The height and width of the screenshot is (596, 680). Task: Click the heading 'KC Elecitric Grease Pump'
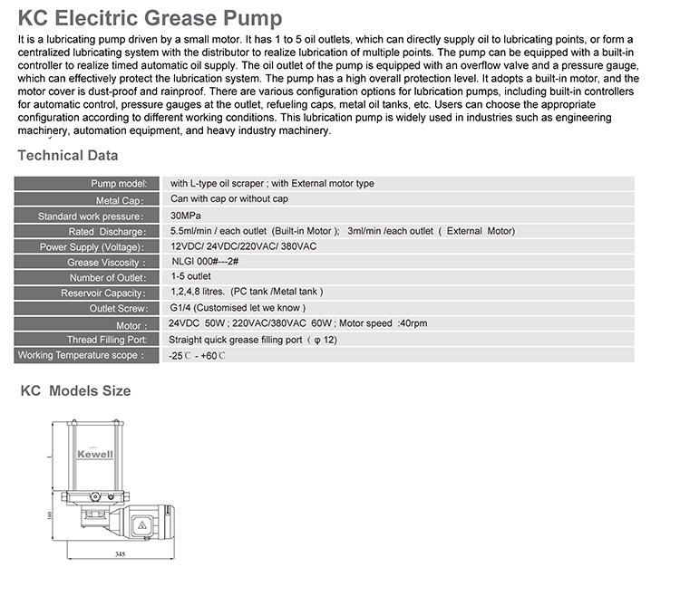coord(150,18)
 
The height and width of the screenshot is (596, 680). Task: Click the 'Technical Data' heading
coord(68,156)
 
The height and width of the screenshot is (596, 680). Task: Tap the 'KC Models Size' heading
coord(75,391)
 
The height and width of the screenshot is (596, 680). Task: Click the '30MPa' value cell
coord(186,216)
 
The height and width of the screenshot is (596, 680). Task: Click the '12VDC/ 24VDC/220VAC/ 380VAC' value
coord(243,246)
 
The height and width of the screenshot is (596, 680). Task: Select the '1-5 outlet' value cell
coord(190,276)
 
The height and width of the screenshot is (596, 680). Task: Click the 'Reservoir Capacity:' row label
coord(102,293)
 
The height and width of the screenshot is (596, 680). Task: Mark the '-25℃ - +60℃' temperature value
coord(197,356)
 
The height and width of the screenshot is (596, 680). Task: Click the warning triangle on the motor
coord(141,524)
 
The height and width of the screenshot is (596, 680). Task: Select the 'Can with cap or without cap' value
coord(229,199)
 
